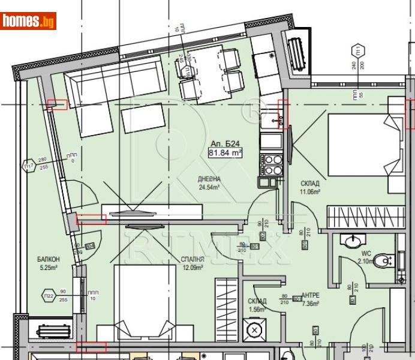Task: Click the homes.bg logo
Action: coord(28,21)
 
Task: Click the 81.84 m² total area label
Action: coord(225,153)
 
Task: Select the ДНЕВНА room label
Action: coord(209,179)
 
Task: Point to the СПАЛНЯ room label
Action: coord(193,259)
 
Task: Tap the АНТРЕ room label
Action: coord(310,295)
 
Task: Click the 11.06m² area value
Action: coord(310,192)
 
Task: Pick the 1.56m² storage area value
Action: coord(257,310)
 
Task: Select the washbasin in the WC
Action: coord(351,241)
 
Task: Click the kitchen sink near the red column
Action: coord(273,119)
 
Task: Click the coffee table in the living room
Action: coord(143,118)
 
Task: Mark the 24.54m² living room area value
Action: coord(209,187)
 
